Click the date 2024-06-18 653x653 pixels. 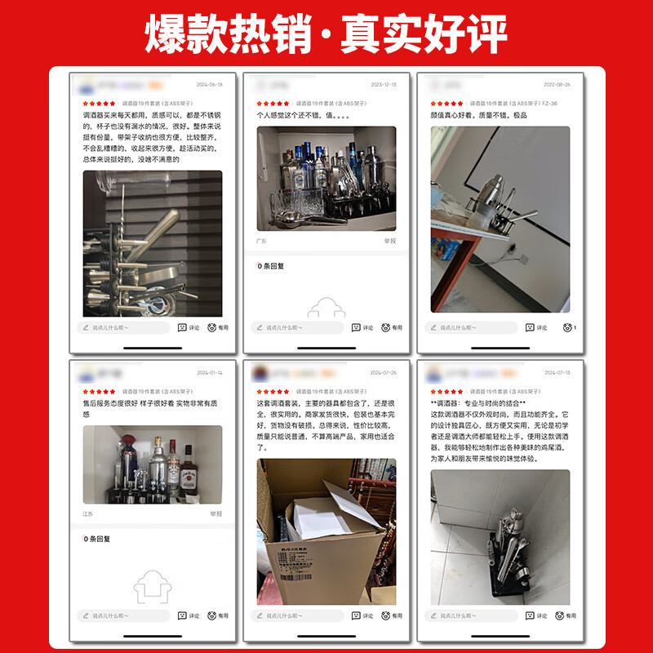click(209, 85)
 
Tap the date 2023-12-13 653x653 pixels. click(383, 85)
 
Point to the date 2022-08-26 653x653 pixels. click(557, 85)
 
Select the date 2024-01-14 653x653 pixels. click(209, 372)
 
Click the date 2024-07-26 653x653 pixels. click(383, 372)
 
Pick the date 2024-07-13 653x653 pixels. click(557, 372)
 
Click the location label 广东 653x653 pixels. click(262, 242)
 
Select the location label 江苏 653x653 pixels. click(88, 513)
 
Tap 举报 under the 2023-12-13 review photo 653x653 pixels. click(390, 242)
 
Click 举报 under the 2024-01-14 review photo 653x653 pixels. click(215, 513)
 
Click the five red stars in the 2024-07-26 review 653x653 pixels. click(273, 392)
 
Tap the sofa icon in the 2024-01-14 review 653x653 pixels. click(152, 585)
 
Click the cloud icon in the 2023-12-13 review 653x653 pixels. click(326, 308)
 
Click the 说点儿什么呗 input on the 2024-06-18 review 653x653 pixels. click(126, 327)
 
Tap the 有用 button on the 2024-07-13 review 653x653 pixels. click(566, 615)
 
